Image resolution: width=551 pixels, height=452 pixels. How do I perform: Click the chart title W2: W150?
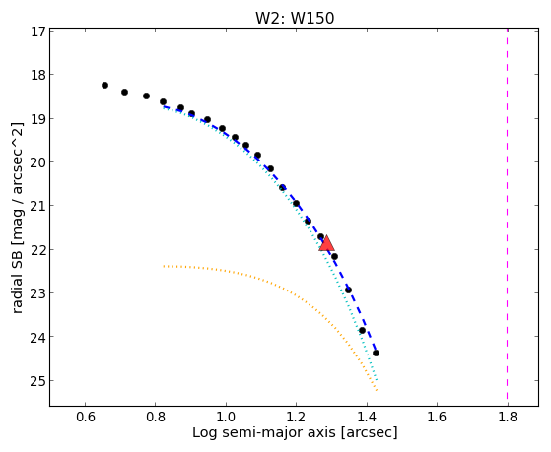click(x=295, y=18)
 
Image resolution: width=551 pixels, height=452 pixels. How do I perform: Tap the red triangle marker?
click(x=326, y=244)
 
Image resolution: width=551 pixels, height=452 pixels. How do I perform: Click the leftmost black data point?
click(x=104, y=85)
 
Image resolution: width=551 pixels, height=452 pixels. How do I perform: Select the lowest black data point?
click(x=376, y=353)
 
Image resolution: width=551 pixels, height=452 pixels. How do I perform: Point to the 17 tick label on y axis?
click(x=38, y=32)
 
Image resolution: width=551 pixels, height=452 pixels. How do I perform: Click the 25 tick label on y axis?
click(x=38, y=380)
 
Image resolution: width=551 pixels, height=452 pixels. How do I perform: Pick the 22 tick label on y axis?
click(x=38, y=250)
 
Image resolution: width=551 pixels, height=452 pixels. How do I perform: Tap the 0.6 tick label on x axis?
click(x=85, y=417)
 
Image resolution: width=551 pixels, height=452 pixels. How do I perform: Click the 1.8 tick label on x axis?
click(x=508, y=417)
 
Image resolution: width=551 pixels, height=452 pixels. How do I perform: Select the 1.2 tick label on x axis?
click(x=297, y=417)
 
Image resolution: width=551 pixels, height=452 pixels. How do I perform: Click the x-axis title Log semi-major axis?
click(x=264, y=432)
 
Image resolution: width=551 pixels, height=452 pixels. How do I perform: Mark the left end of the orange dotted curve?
click(x=164, y=266)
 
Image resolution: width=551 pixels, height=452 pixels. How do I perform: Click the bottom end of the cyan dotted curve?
click(x=377, y=380)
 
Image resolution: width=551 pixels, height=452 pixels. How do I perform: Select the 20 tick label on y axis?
click(x=38, y=161)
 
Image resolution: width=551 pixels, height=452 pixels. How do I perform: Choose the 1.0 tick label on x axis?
click(x=226, y=417)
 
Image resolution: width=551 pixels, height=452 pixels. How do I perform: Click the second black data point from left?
click(x=124, y=92)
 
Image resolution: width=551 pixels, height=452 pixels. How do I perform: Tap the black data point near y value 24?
click(x=362, y=331)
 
